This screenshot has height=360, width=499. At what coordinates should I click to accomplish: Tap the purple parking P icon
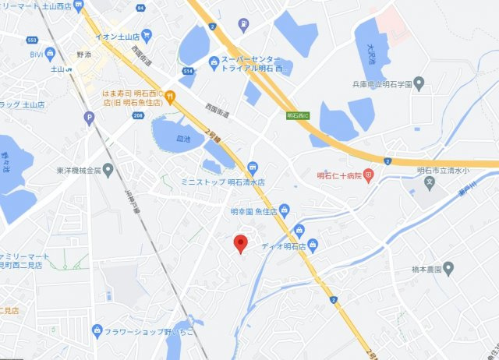[x=89, y=118]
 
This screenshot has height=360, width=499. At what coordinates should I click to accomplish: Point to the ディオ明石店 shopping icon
[x=313, y=246]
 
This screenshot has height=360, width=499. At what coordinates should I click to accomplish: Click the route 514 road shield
[x=188, y=72]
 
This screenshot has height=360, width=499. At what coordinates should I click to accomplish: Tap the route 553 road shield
[x=32, y=39]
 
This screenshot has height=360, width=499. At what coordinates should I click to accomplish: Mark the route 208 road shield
[x=137, y=115]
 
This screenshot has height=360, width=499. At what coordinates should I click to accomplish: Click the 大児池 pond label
[x=370, y=53]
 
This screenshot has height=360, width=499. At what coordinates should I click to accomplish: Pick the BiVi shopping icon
[x=51, y=54]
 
